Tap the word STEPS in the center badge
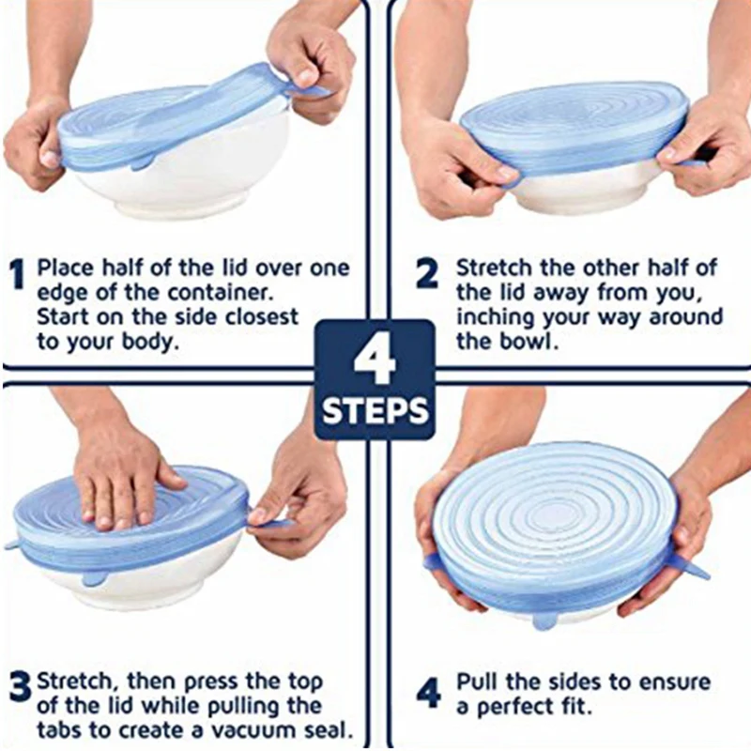point(375,410)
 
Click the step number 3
point(19,686)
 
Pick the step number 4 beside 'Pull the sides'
point(427,692)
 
